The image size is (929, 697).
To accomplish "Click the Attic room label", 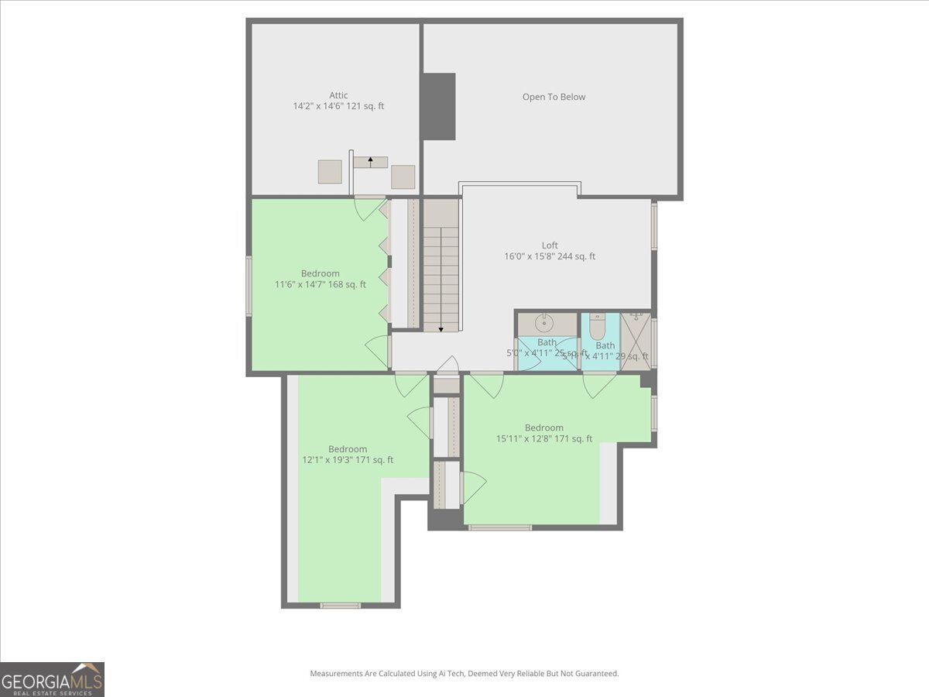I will pyautogui.click(x=338, y=95).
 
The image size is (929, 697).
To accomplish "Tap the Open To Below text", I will pyautogui.click(x=554, y=97).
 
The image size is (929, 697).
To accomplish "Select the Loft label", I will pyautogui.click(x=550, y=245).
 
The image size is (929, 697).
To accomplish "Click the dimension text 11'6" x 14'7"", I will pyautogui.click(x=300, y=284).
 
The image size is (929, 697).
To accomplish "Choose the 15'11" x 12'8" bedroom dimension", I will pyautogui.click(x=524, y=438).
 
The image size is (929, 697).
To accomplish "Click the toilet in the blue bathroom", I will pyautogui.click(x=597, y=328).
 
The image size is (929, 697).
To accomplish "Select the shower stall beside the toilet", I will pyautogui.click(x=636, y=341).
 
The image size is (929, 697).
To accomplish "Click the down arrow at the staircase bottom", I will pyautogui.click(x=441, y=328).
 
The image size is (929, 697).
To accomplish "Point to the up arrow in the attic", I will pyautogui.click(x=371, y=162).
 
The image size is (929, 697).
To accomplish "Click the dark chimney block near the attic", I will pyautogui.click(x=439, y=107).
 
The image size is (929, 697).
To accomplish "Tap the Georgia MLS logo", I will pyautogui.click(x=52, y=679).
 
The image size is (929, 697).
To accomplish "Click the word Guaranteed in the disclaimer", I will pyautogui.click(x=594, y=674).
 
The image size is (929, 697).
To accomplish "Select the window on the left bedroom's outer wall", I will pyautogui.click(x=249, y=286).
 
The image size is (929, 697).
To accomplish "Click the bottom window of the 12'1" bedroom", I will pyautogui.click(x=341, y=605).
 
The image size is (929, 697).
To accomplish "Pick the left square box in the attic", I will pyautogui.click(x=330, y=171).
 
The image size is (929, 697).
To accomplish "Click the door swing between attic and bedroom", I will pyautogui.click(x=370, y=208).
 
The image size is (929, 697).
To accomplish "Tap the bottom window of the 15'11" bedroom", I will pyautogui.click(x=500, y=527).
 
